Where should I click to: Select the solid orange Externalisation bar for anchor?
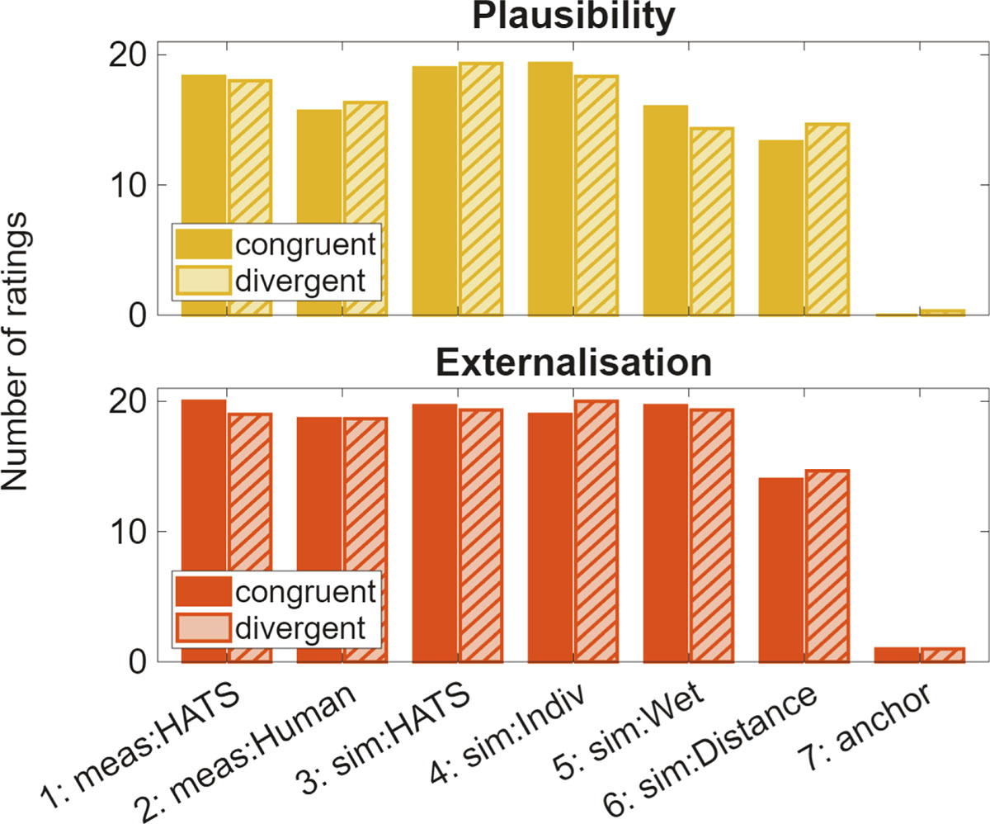tap(897, 655)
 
